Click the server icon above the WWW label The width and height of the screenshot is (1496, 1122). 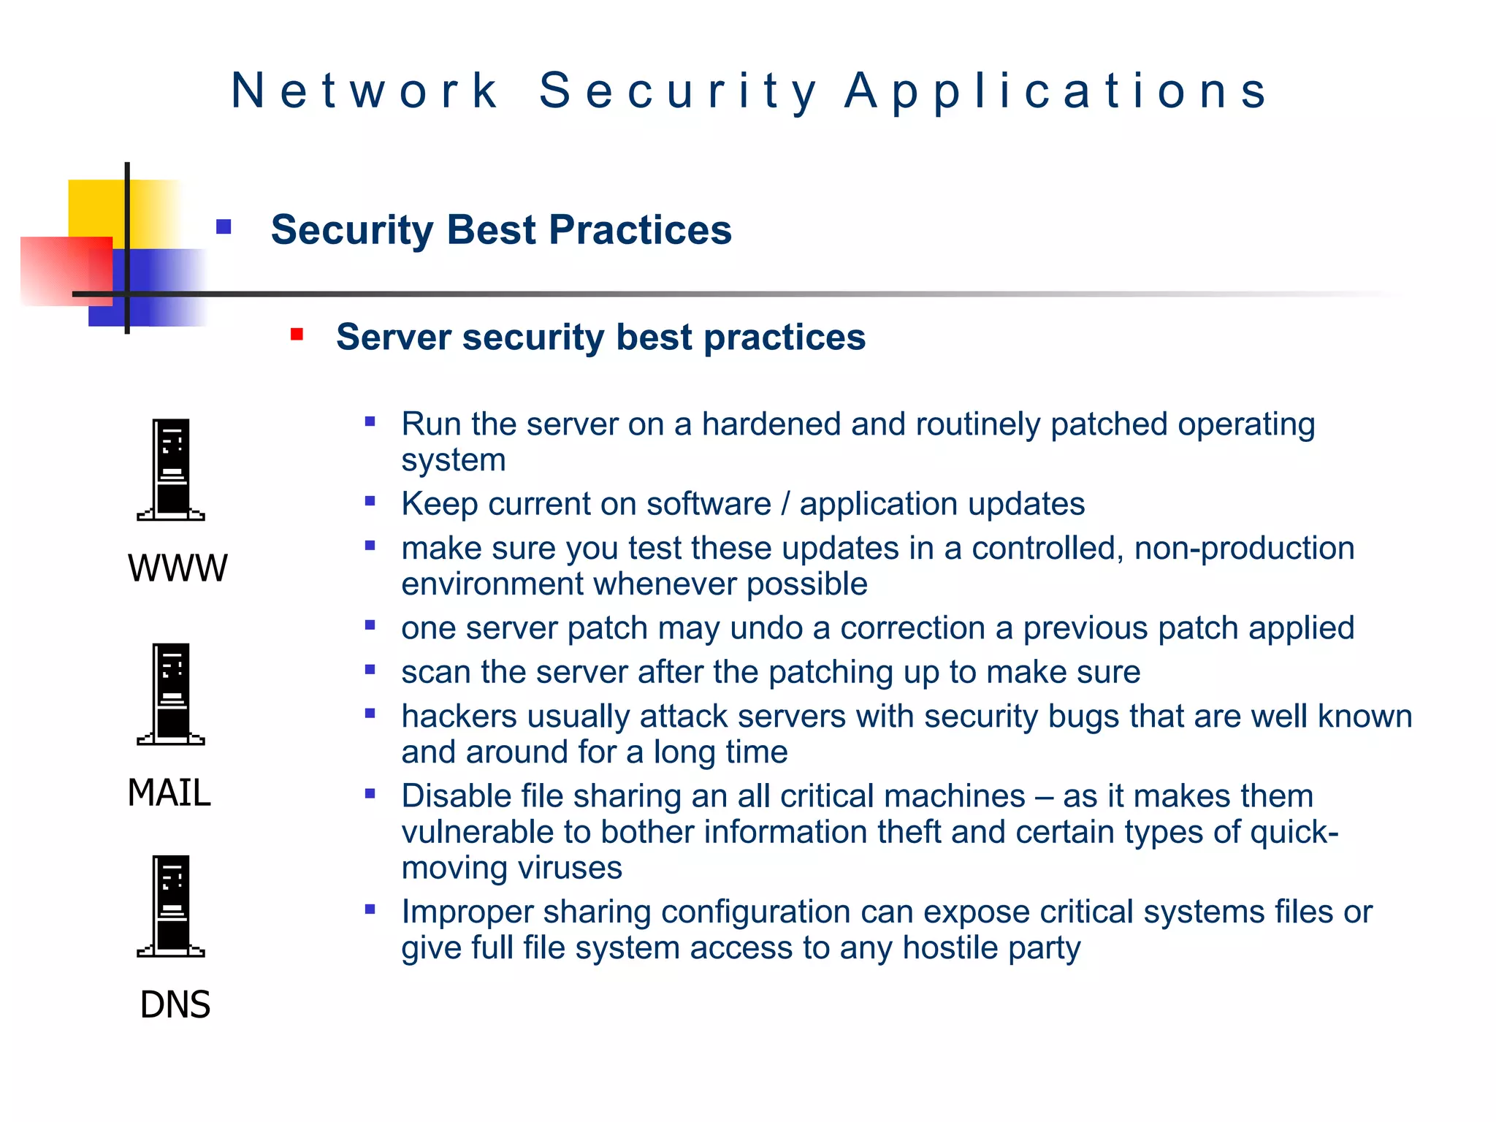coord(171,470)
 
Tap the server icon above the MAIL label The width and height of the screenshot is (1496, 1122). coord(171,694)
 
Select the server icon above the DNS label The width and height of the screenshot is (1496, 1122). coord(171,906)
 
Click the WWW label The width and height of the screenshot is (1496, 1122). coord(178,568)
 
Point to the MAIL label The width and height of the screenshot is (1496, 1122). coord(169,793)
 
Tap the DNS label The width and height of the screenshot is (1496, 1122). coord(175,1004)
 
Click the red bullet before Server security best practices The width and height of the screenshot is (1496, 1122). coord(297,335)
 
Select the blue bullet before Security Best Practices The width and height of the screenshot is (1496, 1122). coord(224,227)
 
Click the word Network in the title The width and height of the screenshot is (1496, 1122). coord(365,91)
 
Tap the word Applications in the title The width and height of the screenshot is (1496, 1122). coord(1056,91)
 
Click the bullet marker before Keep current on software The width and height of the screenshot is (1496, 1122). coord(370,501)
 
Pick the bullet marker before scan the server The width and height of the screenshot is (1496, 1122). coord(370,669)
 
